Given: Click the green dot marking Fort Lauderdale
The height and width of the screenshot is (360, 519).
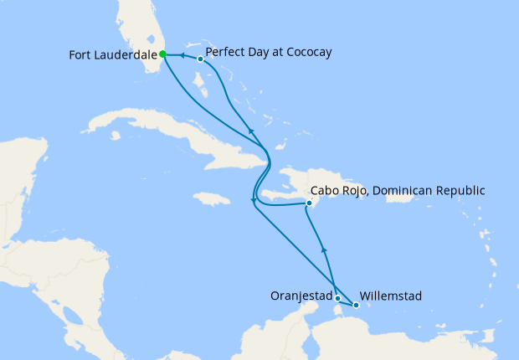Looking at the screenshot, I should pyautogui.click(x=162, y=55).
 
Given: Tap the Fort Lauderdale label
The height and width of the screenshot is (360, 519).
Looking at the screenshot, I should pyautogui.click(x=113, y=56).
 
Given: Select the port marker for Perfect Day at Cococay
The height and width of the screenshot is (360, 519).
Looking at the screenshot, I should pyautogui.click(x=200, y=59).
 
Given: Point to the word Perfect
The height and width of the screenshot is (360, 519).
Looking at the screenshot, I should pyautogui.click(x=224, y=52).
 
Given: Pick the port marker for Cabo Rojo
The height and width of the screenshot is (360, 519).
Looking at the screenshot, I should pyautogui.click(x=309, y=203).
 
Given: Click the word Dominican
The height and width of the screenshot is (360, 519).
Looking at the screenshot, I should pyautogui.click(x=402, y=191).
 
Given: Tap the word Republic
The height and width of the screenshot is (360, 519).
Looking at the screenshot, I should pyautogui.click(x=460, y=191).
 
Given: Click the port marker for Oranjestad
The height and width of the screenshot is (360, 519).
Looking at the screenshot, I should pyautogui.click(x=337, y=298).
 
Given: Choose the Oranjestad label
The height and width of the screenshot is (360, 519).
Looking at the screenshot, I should pyautogui.click(x=301, y=296).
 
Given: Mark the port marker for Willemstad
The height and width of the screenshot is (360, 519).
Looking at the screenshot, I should pyautogui.click(x=356, y=305).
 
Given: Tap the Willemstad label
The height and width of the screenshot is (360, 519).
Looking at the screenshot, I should pyautogui.click(x=390, y=296).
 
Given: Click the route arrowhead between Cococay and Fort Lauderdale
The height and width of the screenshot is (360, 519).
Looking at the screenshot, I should pyautogui.click(x=181, y=56).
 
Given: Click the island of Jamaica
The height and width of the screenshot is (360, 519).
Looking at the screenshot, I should pyautogui.click(x=211, y=199).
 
